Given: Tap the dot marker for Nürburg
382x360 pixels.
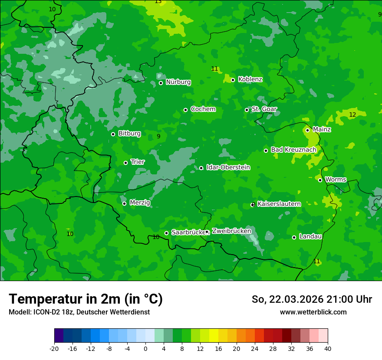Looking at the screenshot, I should coord(161,83).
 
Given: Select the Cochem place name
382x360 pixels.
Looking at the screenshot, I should coord(203,109).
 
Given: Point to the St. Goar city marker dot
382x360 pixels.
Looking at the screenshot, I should coord(247,110).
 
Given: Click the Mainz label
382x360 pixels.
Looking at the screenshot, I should coord(322,130).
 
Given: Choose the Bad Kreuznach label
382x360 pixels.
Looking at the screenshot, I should coord(293,150).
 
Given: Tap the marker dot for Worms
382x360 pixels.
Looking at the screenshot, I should coord(320,180).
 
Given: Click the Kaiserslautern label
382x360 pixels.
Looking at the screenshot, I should coord(279,204).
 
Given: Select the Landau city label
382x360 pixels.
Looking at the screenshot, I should coord(310,237).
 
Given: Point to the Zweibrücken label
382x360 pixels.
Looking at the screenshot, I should coord(231,231).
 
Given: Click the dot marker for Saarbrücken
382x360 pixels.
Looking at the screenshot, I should coord(166,233).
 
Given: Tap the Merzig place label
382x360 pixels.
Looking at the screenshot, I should coord(140,203).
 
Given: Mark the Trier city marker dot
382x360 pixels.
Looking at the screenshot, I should coord(125,163).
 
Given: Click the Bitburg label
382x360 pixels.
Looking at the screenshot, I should coord(129,134).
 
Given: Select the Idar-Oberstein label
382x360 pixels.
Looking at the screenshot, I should coord(228,167).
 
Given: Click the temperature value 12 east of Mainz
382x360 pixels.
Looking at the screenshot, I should coord(352,115).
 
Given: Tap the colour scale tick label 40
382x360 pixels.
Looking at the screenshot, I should coord(328,348).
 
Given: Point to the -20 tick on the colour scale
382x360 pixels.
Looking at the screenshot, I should coord(54,348).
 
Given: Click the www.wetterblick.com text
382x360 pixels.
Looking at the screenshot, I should coord(313,312).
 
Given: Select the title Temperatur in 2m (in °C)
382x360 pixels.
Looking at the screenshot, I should coord(86,299).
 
